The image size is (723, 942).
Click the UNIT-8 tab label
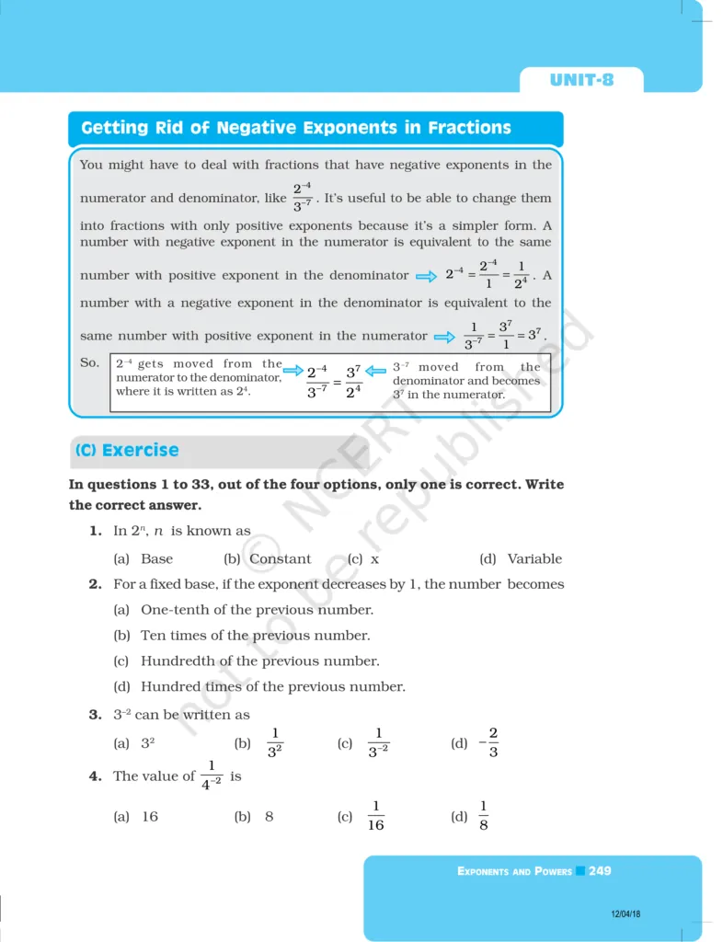[x=581, y=80]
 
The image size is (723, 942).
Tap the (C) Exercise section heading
[x=127, y=451]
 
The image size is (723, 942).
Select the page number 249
[x=600, y=870]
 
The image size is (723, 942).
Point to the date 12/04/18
[x=625, y=913]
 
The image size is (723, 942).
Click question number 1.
[x=95, y=531]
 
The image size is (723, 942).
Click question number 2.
[x=95, y=584]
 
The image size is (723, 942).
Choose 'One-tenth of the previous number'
[x=257, y=610]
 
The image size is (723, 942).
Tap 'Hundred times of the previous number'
[x=272, y=686]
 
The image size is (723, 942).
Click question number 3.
[x=95, y=715]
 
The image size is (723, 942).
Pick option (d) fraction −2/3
[x=488, y=742]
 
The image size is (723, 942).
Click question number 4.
[x=95, y=776]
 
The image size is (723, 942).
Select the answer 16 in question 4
[x=150, y=817]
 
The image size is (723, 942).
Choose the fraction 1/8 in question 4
[x=483, y=816]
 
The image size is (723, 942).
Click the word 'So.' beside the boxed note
[x=89, y=363]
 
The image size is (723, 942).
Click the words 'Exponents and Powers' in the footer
[x=514, y=871]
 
